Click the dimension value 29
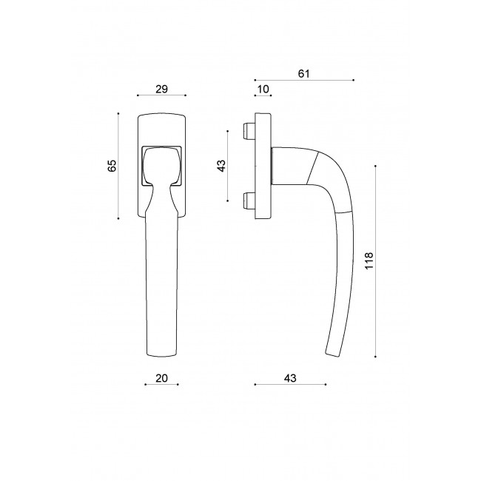162,89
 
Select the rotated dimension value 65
112,166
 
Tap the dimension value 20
162,378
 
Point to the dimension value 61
303,73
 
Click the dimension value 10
262,89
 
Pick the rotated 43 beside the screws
221,166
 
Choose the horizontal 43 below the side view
289,378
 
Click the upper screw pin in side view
247,132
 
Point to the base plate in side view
263,166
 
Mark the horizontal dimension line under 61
303,79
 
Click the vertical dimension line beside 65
118,166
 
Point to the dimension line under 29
162,95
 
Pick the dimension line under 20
162,385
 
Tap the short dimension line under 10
263,95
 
